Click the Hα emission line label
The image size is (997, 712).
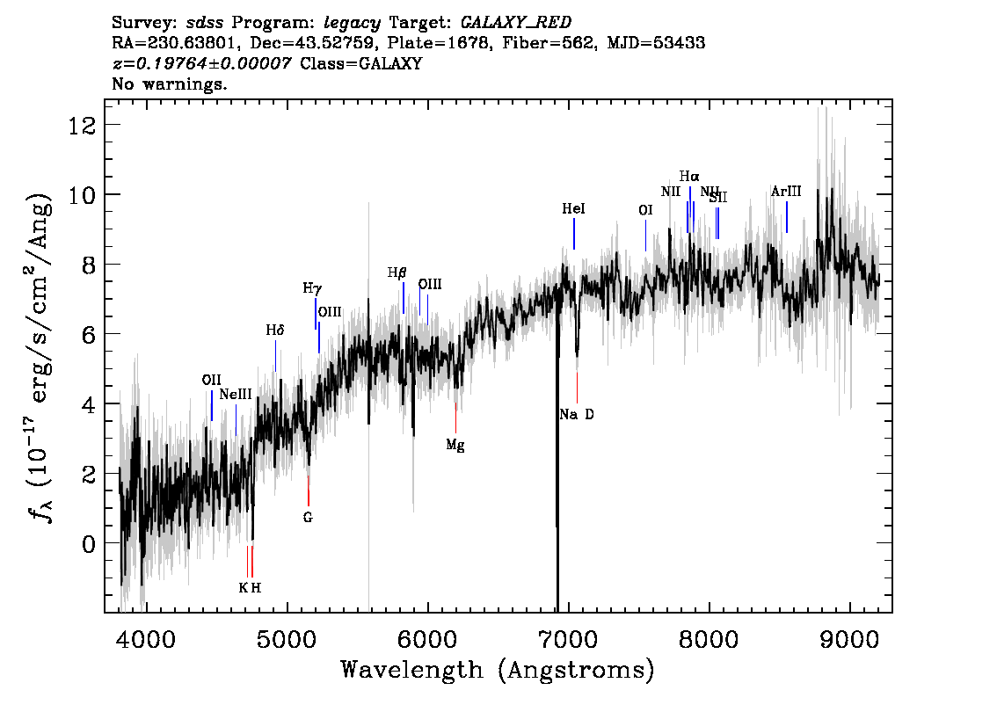[689, 176]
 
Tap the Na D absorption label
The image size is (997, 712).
[577, 414]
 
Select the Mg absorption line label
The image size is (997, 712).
[455, 445]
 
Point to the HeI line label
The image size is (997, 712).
[573, 209]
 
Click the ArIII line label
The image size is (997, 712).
[786, 192]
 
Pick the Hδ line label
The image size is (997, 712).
[275, 331]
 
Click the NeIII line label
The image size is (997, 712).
[236, 395]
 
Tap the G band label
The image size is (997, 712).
[308, 517]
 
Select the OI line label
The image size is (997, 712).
[645, 210]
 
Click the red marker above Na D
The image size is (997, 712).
[577, 387]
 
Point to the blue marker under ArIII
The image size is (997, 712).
[786, 217]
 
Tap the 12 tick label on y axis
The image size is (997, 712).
[83, 125]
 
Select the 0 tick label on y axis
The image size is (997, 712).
[89, 544]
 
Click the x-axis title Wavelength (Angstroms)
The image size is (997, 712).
[498, 671]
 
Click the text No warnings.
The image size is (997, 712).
[170, 84]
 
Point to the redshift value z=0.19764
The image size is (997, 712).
[201, 63]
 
